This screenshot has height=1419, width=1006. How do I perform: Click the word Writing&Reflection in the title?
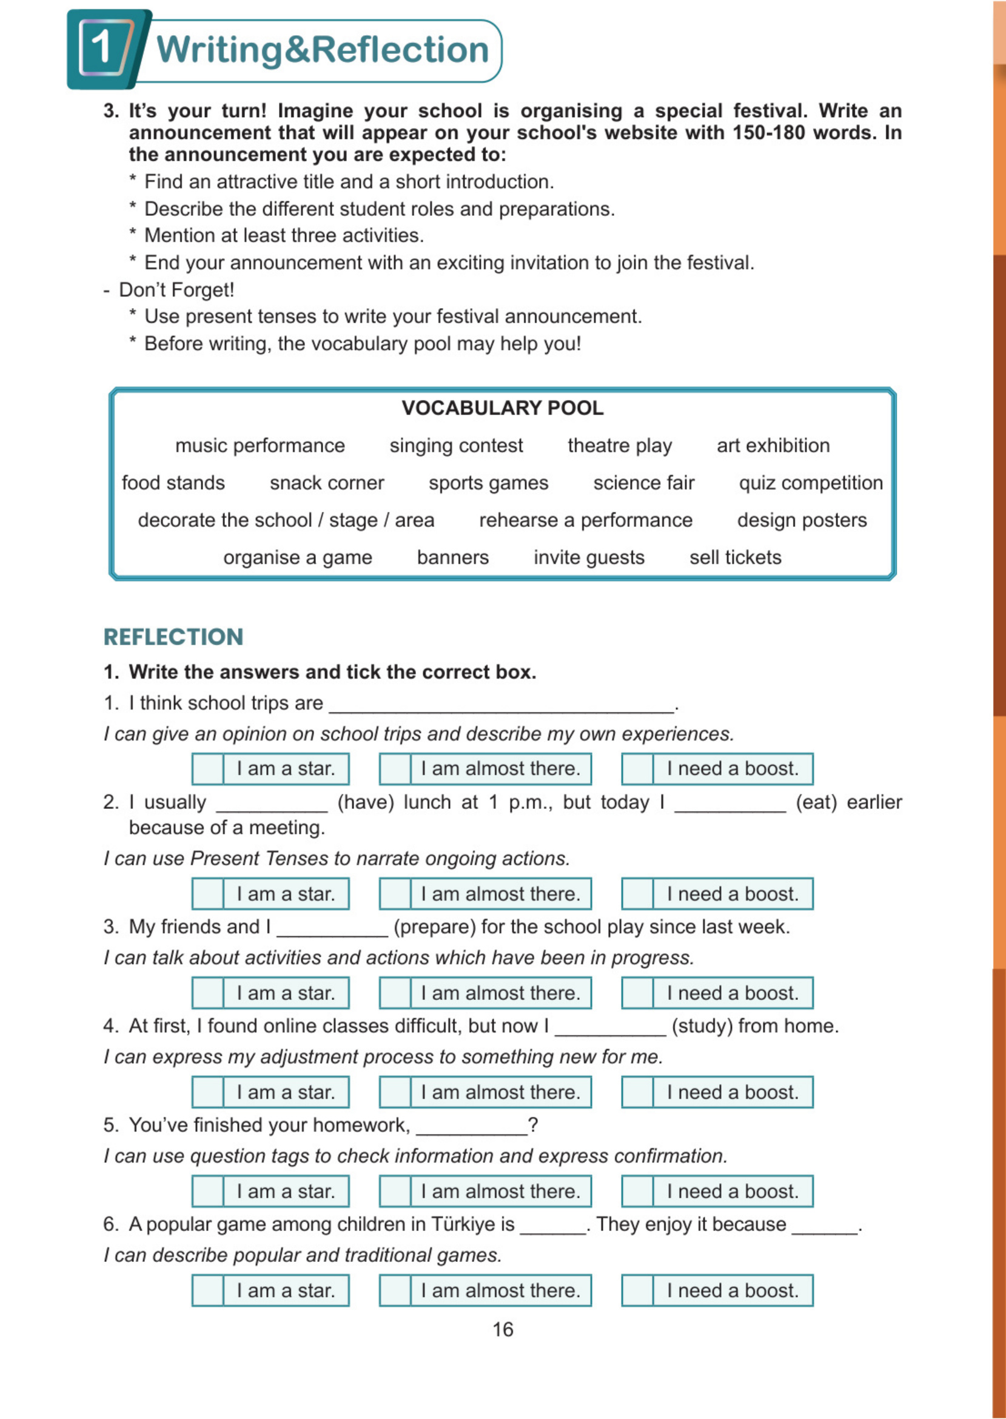tap(322, 50)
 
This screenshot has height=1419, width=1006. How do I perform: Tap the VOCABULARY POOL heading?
tap(502, 408)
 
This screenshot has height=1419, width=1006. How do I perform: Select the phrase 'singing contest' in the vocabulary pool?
tap(456, 445)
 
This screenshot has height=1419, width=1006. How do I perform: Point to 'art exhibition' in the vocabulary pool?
tap(773, 445)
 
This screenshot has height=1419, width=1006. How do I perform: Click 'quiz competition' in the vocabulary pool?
tap(810, 483)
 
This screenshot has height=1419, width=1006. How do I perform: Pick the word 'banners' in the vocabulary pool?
tap(453, 557)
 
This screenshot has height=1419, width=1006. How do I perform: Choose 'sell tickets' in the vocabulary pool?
tap(736, 557)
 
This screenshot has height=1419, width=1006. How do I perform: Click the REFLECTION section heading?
tap(173, 637)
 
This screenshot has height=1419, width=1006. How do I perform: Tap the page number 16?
tap(502, 1329)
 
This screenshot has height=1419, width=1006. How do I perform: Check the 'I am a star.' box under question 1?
tap(207, 769)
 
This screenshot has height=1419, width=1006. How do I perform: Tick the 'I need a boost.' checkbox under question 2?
tap(637, 894)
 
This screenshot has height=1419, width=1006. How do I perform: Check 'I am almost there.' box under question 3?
tap(395, 993)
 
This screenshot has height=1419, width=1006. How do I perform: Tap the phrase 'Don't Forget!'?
tap(176, 290)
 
